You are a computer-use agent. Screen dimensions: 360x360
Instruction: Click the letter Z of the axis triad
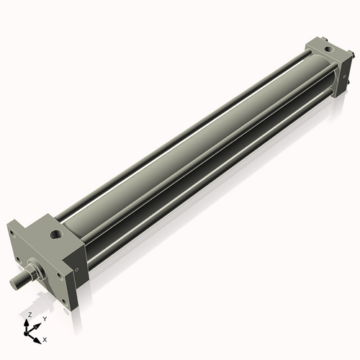[x=28, y=315]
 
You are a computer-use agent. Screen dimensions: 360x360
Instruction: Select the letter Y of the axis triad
[x=44, y=318]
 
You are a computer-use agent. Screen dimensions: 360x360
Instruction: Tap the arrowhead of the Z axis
[x=28, y=322]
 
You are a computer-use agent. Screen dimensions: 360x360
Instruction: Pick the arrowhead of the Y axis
[x=38, y=323]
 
